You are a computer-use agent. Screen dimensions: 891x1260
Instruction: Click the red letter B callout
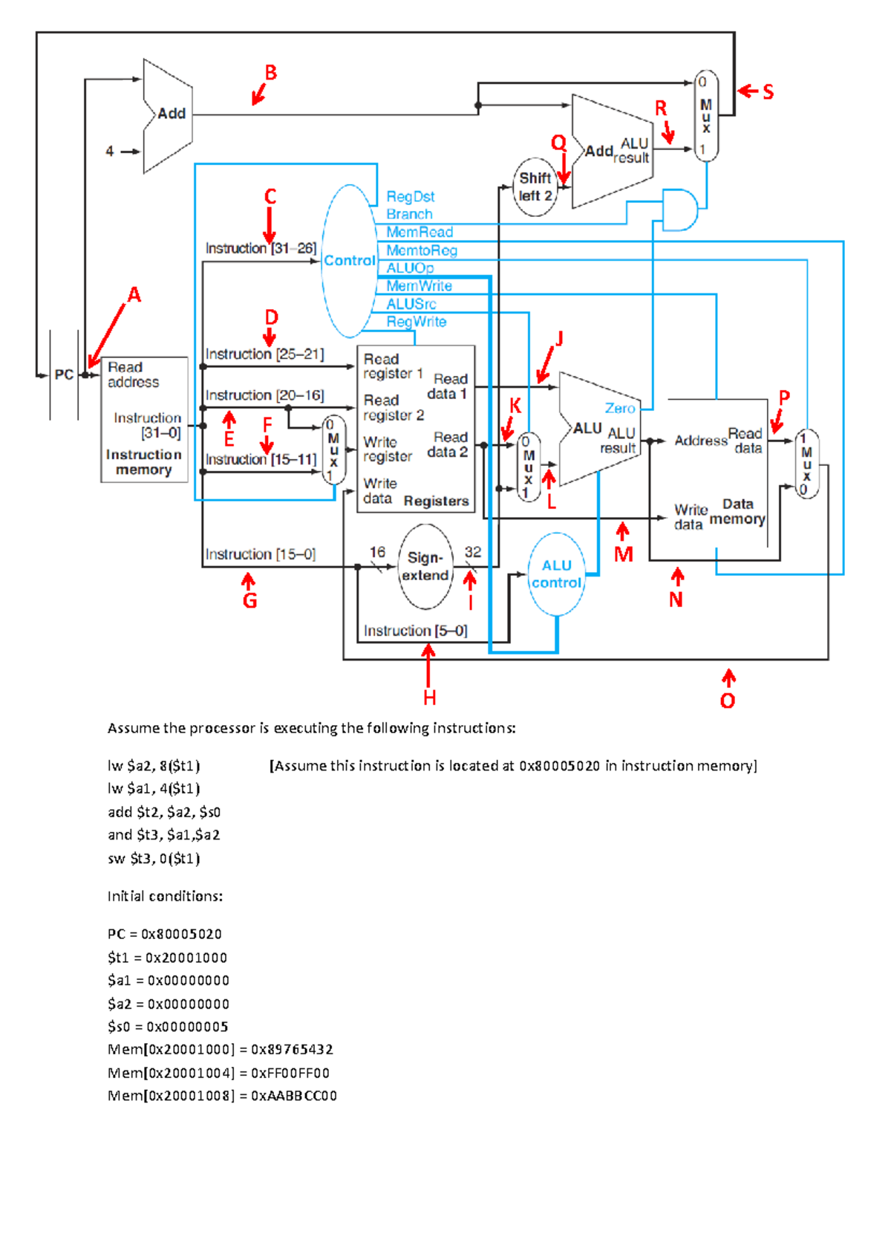point(271,73)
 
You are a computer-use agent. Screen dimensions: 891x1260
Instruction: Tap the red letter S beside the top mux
point(768,91)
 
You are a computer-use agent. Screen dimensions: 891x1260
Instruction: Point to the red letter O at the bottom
point(728,701)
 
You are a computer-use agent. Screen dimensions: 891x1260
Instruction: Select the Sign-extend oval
point(425,566)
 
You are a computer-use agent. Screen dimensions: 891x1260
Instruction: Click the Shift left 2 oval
point(535,186)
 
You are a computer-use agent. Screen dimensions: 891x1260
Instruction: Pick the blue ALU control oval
point(557,574)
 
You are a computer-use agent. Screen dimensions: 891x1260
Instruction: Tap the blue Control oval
point(349,261)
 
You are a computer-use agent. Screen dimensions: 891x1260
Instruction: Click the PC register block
point(64,374)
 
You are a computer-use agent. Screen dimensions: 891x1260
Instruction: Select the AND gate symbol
point(680,210)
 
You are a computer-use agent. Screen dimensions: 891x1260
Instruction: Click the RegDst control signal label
point(411,197)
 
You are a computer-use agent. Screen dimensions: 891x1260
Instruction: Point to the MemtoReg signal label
point(422,250)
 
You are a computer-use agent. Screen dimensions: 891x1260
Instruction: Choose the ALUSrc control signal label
point(411,305)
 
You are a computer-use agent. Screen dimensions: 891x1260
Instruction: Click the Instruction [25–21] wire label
point(264,354)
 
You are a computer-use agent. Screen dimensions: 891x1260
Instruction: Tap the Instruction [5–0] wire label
point(415,631)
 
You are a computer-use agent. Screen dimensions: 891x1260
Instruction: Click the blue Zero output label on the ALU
point(619,409)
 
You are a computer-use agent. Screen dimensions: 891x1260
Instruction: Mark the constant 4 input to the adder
point(110,152)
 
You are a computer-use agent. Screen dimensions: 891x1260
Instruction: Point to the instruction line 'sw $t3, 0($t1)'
point(154,858)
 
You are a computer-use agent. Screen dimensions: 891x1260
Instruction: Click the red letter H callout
point(429,698)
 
